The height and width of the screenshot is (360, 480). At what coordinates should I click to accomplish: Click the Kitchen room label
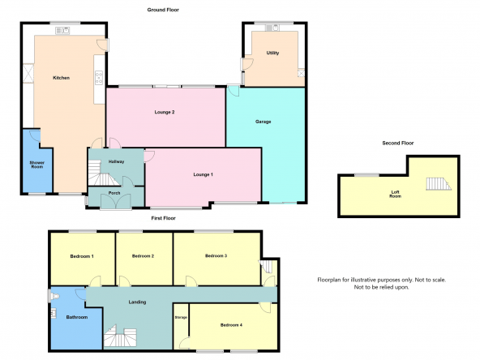click(x=62, y=78)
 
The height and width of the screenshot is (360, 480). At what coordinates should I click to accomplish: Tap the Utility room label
click(x=272, y=53)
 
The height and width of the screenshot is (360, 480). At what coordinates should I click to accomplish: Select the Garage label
click(x=264, y=122)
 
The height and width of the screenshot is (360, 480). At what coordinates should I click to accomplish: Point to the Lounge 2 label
click(x=165, y=112)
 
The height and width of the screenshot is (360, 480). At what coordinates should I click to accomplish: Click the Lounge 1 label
click(x=203, y=174)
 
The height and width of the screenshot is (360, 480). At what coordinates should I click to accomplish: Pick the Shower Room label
click(x=36, y=165)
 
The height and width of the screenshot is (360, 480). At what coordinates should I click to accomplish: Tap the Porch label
click(x=114, y=193)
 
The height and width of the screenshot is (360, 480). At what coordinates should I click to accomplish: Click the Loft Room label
click(x=395, y=194)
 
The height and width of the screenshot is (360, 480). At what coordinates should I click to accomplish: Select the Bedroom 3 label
click(x=216, y=255)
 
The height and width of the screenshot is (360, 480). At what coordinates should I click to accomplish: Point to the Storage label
click(x=181, y=318)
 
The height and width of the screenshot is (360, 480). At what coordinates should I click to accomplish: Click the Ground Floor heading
click(x=163, y=10)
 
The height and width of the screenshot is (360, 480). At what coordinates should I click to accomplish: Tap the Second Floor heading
click(x=397, y=143)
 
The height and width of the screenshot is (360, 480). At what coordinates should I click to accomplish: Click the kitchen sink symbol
click(x=62, y=30)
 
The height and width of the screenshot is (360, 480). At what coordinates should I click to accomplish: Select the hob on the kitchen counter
click(x=99, y=78)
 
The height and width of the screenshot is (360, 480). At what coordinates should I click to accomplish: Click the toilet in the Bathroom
click(x=54, y=296)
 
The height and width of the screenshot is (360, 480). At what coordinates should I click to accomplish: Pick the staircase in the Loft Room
click(x=439, y=184)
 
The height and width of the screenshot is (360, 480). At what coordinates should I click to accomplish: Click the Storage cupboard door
click(x=185, y=343)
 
